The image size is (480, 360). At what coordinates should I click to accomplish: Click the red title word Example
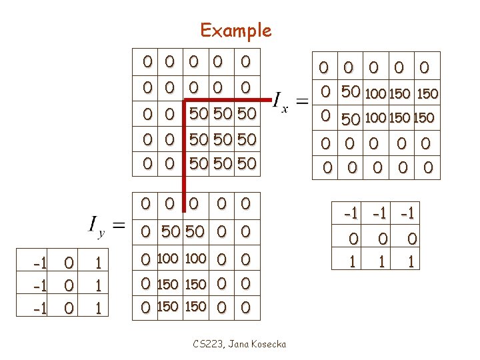coord(236,31)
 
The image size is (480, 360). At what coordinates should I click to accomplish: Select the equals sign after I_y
coord(118,225)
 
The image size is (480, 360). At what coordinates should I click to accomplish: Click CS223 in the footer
coord(207,344)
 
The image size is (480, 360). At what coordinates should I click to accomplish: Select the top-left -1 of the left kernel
coord(39,263)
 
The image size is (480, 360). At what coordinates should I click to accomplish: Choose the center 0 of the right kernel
coord(382,239)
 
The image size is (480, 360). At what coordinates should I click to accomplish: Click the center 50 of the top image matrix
coord(223,139)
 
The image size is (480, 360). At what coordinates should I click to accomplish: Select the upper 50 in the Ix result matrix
coord(351,93)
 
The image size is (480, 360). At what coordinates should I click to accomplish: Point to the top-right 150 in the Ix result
coord(427,94)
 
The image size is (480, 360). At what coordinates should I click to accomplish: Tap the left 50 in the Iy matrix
coord(171,232)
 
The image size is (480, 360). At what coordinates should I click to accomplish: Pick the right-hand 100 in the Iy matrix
coord(195,258)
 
